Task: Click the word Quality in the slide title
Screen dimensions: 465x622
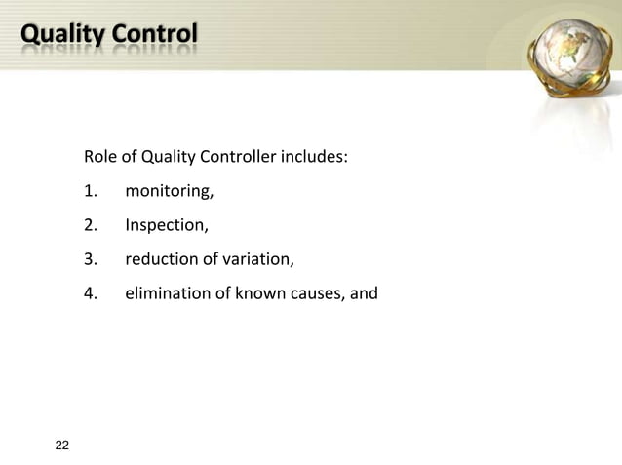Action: (x=61, y=35)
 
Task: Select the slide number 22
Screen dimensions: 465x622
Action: (x=62, y=446)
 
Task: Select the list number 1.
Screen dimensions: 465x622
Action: (x=91, y=191)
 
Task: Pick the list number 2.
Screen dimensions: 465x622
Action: (x=91, y=226)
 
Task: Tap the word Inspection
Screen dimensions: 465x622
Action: (x=165, y=227)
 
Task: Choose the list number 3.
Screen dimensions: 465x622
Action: (x=91, y=259)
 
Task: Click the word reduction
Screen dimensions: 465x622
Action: (x=159, y=259)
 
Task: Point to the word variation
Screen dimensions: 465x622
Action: (x=253, y=259)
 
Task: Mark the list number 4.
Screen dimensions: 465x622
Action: (x=91, y=293)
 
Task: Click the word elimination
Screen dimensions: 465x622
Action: (x=165, y=293)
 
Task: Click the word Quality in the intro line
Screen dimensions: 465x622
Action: (x=168, y=158)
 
